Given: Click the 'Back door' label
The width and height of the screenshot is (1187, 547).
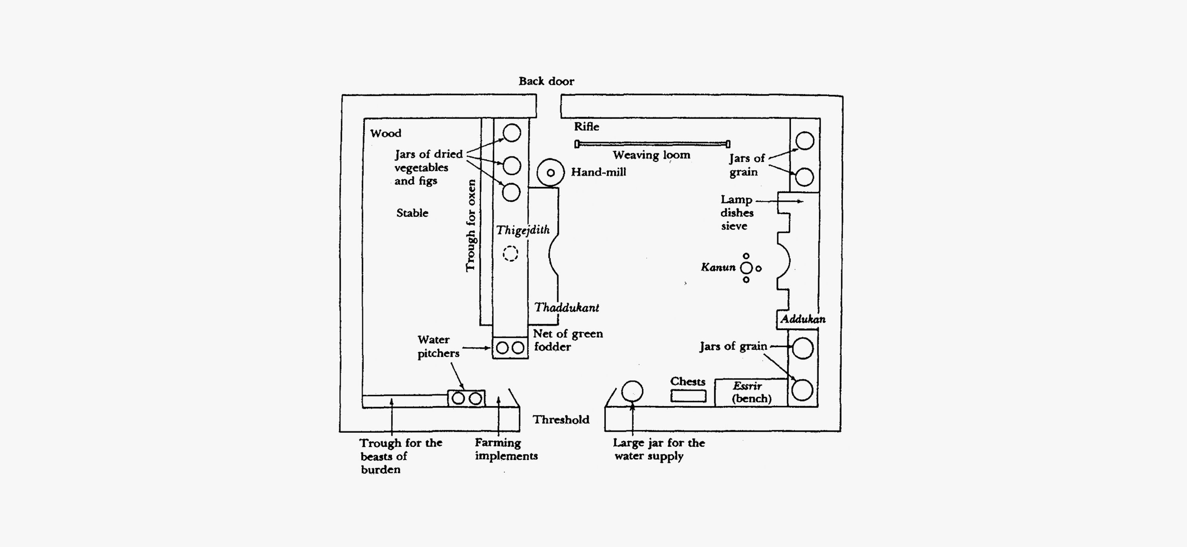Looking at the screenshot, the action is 546,81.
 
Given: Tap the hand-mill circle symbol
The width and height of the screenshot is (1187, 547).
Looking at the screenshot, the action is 550,173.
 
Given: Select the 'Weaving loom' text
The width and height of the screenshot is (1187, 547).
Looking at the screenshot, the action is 651,155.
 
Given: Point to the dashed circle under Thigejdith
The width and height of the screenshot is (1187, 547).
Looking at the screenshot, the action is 510,253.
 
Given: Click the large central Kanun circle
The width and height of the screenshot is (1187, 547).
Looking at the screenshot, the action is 746,268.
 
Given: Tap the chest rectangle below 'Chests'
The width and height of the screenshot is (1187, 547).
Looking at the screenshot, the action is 688,396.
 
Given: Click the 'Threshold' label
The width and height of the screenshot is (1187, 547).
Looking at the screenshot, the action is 561,419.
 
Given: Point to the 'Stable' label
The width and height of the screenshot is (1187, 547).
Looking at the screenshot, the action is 412,213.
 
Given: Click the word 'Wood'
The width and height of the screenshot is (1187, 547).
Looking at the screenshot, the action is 386,133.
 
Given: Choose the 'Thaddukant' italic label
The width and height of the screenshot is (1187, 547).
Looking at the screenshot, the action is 566,308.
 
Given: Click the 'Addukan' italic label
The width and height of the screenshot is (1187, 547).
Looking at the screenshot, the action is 803,319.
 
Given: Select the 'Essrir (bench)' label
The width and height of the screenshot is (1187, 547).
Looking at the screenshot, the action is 751,392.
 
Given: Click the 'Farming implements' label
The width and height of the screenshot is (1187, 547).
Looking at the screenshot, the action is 506,449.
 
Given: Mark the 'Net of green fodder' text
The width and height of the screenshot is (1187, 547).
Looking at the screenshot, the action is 568,340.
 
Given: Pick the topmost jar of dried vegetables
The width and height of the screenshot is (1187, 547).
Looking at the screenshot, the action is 512,133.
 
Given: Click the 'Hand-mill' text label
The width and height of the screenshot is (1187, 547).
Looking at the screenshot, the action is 599,172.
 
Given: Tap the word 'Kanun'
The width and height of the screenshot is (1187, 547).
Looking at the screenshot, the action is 718,267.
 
